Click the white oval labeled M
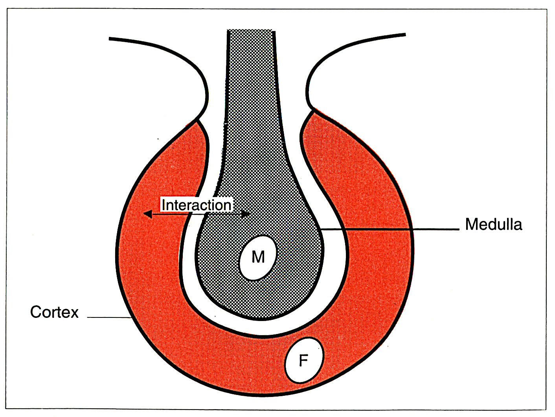click(258, 257)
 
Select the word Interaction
click(196, 205)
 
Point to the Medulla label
click(493, 224)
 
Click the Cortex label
click(54, 312)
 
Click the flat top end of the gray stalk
click(250, 31)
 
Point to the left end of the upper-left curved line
click(111, 39)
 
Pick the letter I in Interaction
click(164, 205)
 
